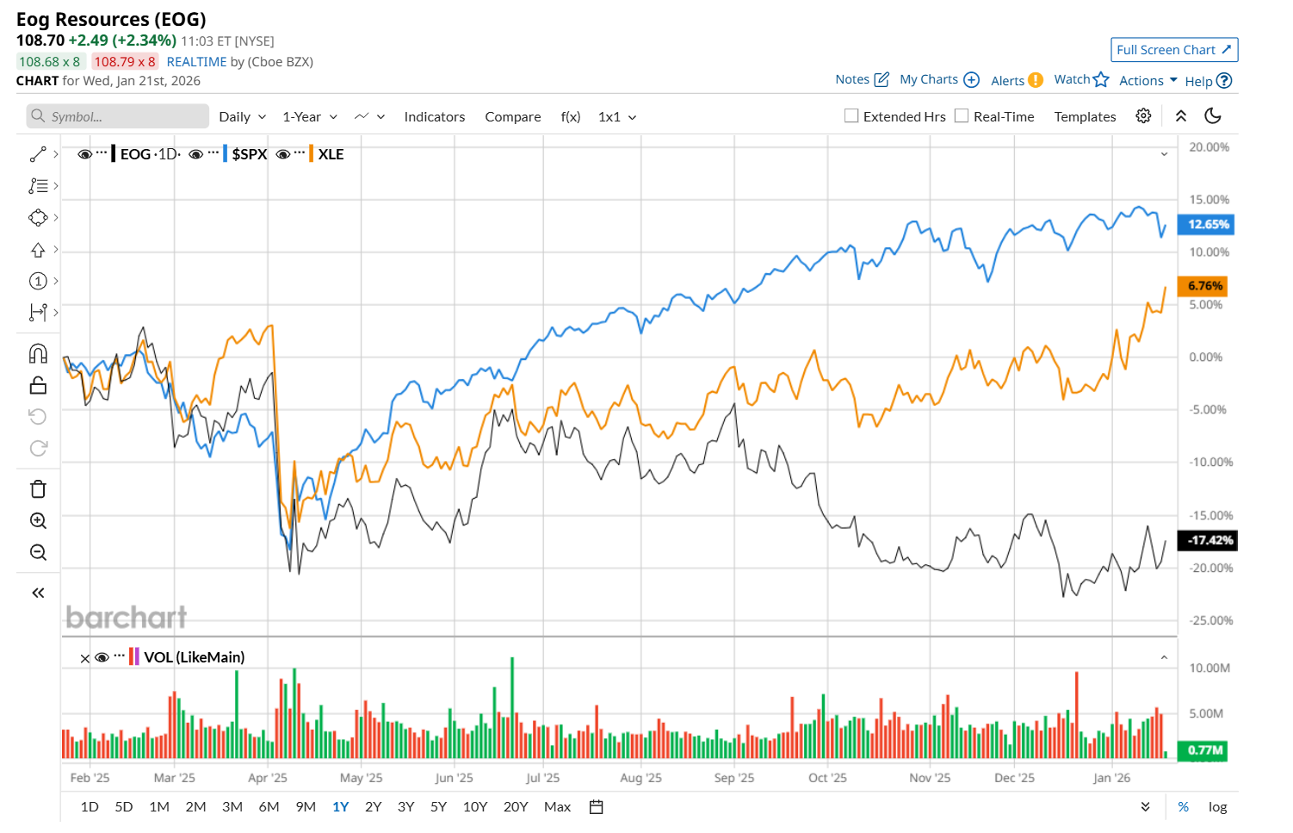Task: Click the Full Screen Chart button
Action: coord(1174,50)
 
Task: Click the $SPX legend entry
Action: coord(249,154)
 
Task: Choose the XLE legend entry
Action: coord(331,154)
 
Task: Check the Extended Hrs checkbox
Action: coord(851,116)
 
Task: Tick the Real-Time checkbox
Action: coord(962,116)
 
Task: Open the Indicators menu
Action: coord(434,117)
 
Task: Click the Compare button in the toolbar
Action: coord(513,117)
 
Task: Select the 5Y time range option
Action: coord(438,807)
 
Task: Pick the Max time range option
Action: coord(557,807)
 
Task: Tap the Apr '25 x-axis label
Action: coord(268,778)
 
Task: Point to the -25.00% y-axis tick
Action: coord(1210,621)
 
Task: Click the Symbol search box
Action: coord(118,116)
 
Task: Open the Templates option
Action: coord(1085,117)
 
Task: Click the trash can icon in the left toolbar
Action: coord(38,489)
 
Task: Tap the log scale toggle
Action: coord(1217,807)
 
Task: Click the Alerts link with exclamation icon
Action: coord(1016,80)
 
